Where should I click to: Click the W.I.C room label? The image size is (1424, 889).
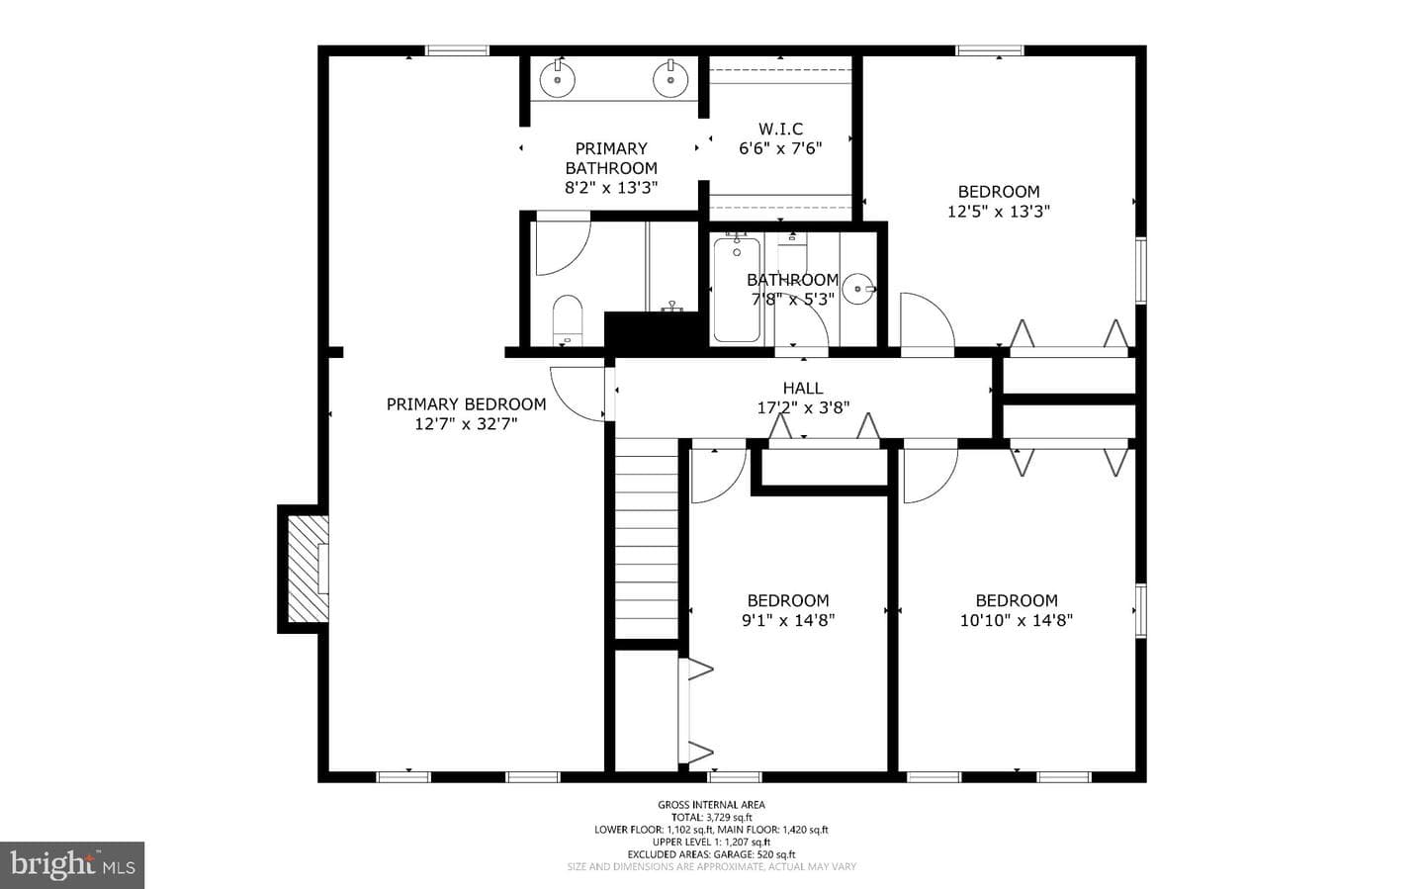pyautogui.click(x=780, y=130)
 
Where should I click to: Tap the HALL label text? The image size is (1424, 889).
pyautogui.click(x=803, y=388)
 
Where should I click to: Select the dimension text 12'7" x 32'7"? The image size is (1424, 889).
pyautogui.click(x=466, y=423)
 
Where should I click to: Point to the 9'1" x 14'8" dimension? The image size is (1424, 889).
pyautogui.click(x=788, y=620)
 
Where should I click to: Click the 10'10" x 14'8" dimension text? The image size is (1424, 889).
pyautogui.click(x=1017, y=620)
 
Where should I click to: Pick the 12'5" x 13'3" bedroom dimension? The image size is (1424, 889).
pyautogui.click(x=999, y=211)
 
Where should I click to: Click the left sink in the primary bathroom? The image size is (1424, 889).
pyautogui.click(x=558, y=79)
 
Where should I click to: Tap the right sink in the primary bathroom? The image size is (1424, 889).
pyautogui.click(x=670, y=79)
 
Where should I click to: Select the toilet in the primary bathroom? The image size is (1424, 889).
pyautogui.click(x=568, y=319)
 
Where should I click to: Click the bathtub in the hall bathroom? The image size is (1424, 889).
pyautogui.click(x=737, y=290)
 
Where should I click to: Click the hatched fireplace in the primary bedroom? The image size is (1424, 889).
pyautogui.click(x=309, y=570)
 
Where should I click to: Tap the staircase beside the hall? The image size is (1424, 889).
pyautogui.click(x=647, y=538)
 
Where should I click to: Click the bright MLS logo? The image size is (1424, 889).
pyautogui.click(x=72, y=865)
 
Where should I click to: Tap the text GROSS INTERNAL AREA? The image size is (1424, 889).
pyautogui.click(x=711, y=805)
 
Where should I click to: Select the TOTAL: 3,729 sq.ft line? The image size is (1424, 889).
pyautogui.click(x=711, y=818)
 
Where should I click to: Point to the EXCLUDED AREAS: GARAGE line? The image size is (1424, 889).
pyautogui.click(x=711, y=854)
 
